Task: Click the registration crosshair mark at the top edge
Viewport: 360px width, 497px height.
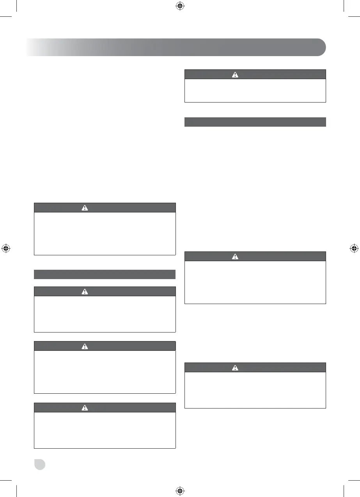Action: pyautogui.click(x=179, y=6)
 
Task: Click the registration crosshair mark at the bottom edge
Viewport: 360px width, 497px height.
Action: pyautogui.click(x=179, y=490)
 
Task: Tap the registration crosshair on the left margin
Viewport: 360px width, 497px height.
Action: pyautogui.click(x=6, y=248)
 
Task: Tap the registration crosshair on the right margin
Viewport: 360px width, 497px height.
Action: pyautogui.click(x=353, y=248)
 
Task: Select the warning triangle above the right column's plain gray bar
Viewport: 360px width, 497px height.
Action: pyautogui.click(x=235, y=74)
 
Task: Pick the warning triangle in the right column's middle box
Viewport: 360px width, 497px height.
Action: pyautogui.click(x=235, y=256)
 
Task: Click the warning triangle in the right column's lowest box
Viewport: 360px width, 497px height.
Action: pyautogui.click(x=235, y=368)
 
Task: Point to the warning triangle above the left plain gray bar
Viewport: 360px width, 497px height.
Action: pyautogui.click(x=85, y=208)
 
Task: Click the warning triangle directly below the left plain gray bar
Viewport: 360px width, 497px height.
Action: pyautogui.click(x=85, y=292)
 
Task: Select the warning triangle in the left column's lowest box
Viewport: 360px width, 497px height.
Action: pyautogui.click(x=85, y=408)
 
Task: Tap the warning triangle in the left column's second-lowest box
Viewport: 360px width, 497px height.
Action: pyautogui.click(x=85, y=346)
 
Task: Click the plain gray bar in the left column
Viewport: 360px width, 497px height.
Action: pyautogui.click(x=105, y=274)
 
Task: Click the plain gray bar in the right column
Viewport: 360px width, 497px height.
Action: pyautogui.click(x=255, y=122)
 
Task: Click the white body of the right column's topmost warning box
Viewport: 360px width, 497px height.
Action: pyautogui.click(x=255, y=90)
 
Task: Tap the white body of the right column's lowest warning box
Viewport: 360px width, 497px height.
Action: pyautogui.click(x=255, y=390)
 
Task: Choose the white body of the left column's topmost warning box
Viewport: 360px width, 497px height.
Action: pyautogui.click(x=105, y=233)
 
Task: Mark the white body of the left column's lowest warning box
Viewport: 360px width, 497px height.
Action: pyautogui.click(x=105, y=430)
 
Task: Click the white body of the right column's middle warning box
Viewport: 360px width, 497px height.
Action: pyautogui.click(x=255, y=282)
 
